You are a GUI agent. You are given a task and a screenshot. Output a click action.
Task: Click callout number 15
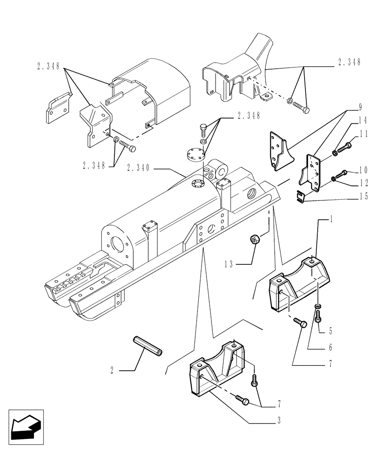[x=363, y=197]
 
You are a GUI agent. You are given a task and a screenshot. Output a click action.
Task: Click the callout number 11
[x=363, y=134]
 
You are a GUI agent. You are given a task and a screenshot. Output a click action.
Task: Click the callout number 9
[x=360, y=108]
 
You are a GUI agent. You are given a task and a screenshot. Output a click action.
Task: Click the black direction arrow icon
[x=25, y=427]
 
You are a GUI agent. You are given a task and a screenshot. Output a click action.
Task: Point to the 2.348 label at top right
[x=349, y=63]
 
